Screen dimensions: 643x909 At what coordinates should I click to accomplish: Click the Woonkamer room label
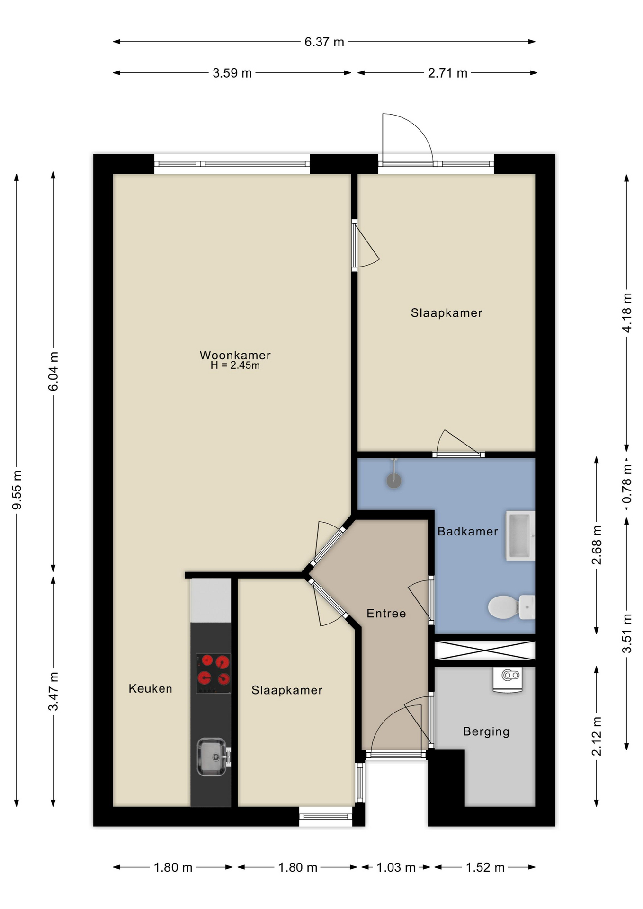(x=235, y=355)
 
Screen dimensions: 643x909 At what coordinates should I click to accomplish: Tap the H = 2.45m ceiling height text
(x=235, y=365)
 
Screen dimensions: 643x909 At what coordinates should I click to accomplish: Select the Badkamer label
(x=467, y=531)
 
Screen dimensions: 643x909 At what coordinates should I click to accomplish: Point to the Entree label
(x=386, y=613)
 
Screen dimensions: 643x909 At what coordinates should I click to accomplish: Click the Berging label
(x=486, y=731)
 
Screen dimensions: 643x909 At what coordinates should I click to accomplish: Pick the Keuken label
(x=150, y=688)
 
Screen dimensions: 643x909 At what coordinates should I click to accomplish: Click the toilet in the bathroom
(x=511, y=607)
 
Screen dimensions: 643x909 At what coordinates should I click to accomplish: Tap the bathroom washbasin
(x=520, y=535)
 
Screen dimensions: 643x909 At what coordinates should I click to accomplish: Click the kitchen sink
(x=213, y=757)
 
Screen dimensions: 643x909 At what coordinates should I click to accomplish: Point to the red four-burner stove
(x=214, y=674)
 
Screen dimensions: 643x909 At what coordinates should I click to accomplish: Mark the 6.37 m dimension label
(x=324, y=42)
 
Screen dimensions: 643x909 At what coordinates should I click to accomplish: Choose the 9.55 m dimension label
(x=17, y=490)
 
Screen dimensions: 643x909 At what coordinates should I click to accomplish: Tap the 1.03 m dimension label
(x=396, y=867)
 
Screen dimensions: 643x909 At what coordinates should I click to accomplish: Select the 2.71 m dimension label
(x=447, y=73)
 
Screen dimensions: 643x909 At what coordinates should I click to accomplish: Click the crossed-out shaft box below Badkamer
(x=485, y=650)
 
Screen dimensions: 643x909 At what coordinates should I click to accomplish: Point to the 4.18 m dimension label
(x=627, y=312)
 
